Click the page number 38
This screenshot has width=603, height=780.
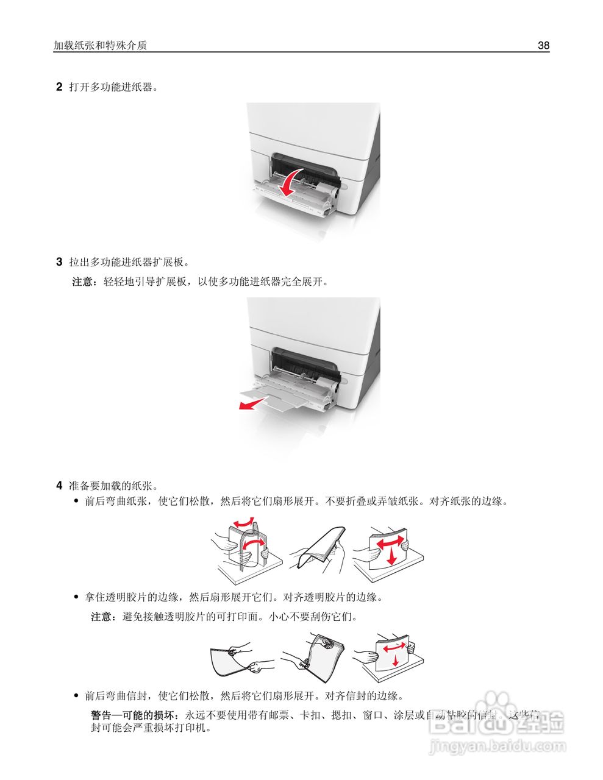543,46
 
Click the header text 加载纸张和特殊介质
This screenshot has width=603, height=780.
101,46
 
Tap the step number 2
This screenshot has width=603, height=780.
59,87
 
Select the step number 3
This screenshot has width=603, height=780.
59,263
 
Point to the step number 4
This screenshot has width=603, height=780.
59,486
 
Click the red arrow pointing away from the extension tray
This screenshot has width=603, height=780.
252,403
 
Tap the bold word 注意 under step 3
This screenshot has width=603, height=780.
83,282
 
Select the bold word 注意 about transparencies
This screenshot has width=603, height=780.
101,617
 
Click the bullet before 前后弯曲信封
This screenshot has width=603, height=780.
76,695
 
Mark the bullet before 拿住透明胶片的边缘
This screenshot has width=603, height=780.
76,597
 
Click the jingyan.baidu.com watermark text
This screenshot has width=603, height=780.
498,746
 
